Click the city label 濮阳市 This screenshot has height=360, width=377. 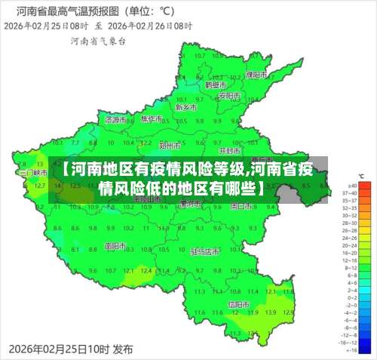(x=256, y=75)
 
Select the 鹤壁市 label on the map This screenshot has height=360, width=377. (x=216, y=85)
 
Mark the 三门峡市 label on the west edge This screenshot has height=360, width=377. (x=33, y=172)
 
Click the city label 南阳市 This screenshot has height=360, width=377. (x=115, y=245)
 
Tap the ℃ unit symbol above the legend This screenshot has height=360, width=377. (x=361, y=176)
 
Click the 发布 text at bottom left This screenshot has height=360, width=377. (x=123, y=350)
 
